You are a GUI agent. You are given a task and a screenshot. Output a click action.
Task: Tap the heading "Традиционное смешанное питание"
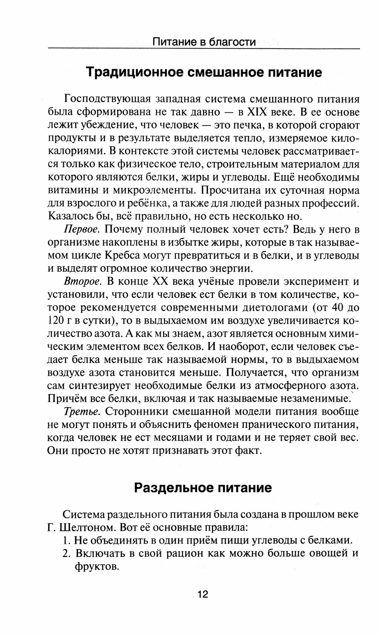tap(204, 73)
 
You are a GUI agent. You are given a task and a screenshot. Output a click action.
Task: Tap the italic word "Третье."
tap(82, 411)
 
